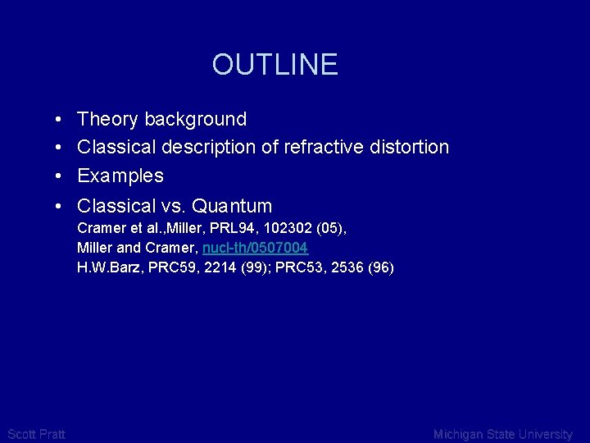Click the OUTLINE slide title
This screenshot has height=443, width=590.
point(275,64)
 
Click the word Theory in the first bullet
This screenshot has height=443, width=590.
point(108,120)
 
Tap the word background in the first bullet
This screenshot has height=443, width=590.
point(195,120)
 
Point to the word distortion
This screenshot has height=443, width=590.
point(410,148)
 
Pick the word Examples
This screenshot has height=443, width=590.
point(120,176)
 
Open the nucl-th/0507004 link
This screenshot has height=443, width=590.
point(256,247)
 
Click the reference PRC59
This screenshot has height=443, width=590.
point(168,267)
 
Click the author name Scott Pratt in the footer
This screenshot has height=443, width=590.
point(36,434)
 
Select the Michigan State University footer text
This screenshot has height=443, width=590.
point(503,434)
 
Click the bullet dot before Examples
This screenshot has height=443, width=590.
point(61,176)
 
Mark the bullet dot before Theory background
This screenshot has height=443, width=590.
point(61,121)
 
